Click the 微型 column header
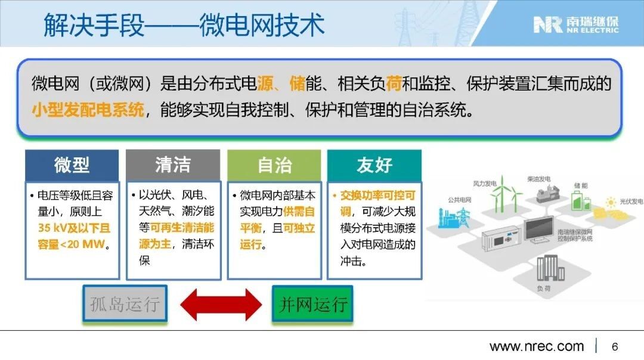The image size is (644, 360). (x=72, y=165)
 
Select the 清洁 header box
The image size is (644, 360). (x=173, y=165)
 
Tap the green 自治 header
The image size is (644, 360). (x=274, y=165)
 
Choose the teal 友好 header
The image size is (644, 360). (x=374, y=165)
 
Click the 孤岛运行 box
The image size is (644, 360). (x=125, y=304)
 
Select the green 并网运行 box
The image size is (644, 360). (x=312, y=304)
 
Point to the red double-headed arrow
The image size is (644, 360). (x=221, y=304)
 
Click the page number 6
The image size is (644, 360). (x=615, y=347)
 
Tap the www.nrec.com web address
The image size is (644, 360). (x=537, y=346)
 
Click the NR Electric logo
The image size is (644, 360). (x=576, y=24)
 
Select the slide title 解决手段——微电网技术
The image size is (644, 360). (x=184, y=24)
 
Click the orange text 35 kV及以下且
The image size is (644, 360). (x=75, y=228)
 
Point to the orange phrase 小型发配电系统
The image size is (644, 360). (x=88, y=110)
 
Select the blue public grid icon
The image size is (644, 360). (x=454, y=217)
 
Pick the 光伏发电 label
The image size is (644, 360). (x=631, y=201)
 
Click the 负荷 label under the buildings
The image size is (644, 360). (x=544, y=288)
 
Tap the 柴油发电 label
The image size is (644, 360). (x=538, y=179)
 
